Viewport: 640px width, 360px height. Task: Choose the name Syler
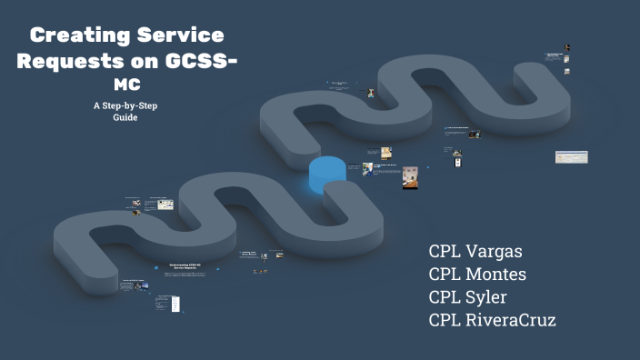tap(487, 296)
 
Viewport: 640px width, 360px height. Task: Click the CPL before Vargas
tap(446, 251)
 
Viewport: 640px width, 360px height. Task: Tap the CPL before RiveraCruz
tap(446, 319)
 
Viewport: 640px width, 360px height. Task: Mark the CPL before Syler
tap(446, 296)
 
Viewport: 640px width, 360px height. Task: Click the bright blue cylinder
tap(327, 174)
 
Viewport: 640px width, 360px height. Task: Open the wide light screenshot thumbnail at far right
tap(571, 157)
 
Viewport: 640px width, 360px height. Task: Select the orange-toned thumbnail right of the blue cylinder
tap(410, 176)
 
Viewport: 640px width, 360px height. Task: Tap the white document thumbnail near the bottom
tap(175, 303)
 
